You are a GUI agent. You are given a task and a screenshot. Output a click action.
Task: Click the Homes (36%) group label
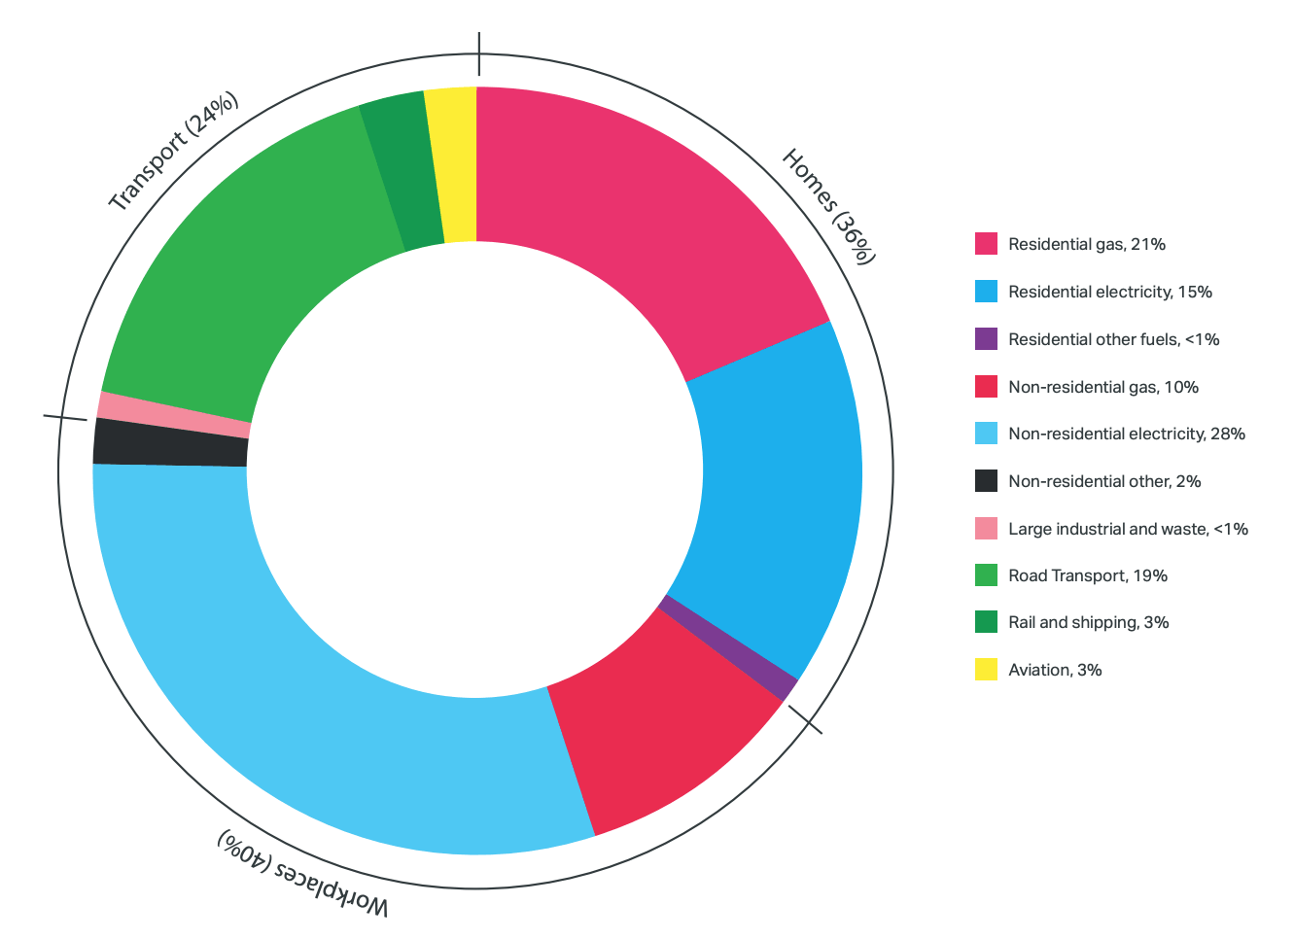pyautogui.click(x=829, y=206)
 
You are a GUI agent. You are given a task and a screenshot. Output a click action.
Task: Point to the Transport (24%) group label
pyautogui.click(x=173, y=152)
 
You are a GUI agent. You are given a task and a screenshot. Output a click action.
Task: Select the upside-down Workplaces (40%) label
pyautogui.click(x=302, y=871)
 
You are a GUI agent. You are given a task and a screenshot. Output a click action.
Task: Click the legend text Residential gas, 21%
pyautogui.click(x=1086, y=244)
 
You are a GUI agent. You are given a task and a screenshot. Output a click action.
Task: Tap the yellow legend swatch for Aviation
pyautogui.click(x=986, y=670)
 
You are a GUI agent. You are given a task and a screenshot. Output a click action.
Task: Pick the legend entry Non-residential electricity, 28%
pyautogui.click(x=1126, y=434)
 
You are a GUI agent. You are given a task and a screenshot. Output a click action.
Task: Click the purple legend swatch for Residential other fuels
pyautogui.click(x=986, y=339)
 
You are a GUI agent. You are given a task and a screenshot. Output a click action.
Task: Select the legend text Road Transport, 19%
pyautogui.click(x=1087, y=575)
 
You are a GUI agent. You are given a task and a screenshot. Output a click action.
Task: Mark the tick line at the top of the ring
pyautogui.click(x=478, y=53)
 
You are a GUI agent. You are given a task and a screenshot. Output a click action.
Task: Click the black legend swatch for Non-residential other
pyautogui.click(x=986, y=481)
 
